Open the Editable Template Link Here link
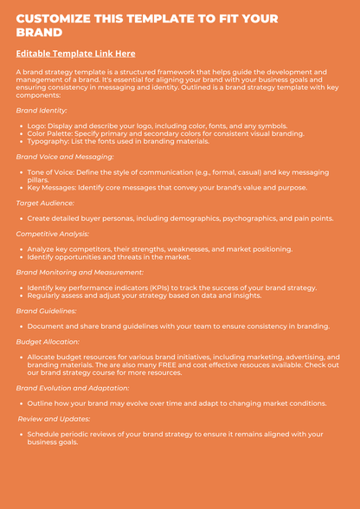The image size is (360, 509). pos(75,54)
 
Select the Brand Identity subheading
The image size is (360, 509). pos(42,111)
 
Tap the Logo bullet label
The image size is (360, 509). pos(36,126)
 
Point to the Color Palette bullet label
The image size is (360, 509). pos(54,133)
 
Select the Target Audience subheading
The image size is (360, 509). pos(45,203)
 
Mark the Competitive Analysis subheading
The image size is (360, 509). pos(53,234)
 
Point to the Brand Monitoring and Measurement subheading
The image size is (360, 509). pos(80,272)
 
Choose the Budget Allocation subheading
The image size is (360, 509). pos(48,341)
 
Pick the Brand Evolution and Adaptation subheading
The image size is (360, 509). pos(73,388)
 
